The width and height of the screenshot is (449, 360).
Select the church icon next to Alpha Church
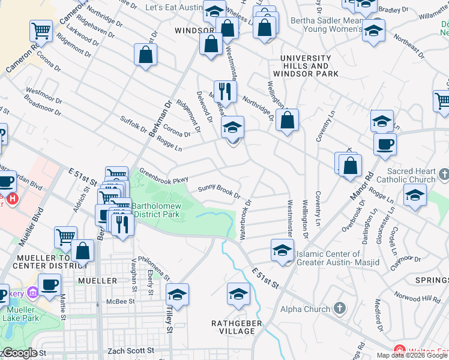[340, 308]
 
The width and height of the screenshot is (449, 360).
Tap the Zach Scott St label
[130, 350]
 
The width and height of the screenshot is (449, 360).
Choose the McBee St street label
[119, 302]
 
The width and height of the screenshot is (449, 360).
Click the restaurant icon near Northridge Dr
[225, 92]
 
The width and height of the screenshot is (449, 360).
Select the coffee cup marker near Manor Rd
[385, 144]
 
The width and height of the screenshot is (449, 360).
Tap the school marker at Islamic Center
[282, 250]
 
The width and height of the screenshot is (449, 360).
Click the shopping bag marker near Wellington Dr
[288, 119]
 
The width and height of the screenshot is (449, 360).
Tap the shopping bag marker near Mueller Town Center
[82, 251]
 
